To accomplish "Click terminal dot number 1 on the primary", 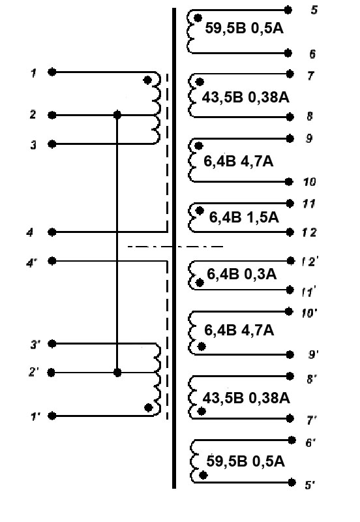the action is pyautogui.click(x=52, y=72).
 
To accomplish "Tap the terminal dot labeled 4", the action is pyautogui.click(x=52, y=232).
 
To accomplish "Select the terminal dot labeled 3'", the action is pyautogui.click(x=52, y=344).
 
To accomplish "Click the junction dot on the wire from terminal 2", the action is pyautogui.click(x=117, y=115).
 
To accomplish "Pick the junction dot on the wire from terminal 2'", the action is pyautogui.click(x=117, y=372).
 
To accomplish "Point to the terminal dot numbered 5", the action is pyautogui.click(x=288, y=10).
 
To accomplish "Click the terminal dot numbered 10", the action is pyautogui.click(x=289, y=182).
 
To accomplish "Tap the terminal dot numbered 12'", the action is pyautogui.click(x=290, y=260).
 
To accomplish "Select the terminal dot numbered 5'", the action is pyautogui.click(x=292, y=482).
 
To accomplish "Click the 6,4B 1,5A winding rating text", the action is pyautogui.click(x=244, y=217).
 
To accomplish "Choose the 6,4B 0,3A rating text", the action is pyautogui.click(x=241, y=274).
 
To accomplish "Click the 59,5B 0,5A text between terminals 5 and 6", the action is pyautogui.click(x=244, y=28).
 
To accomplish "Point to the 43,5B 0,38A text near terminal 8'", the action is pyautogui.click(x=247, y=398).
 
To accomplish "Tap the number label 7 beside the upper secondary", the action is pyautogui.click(x=310, y=76).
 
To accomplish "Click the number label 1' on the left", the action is pyautogui.click(x=35, y=416).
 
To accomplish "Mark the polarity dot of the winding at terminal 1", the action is pyautogui.click(x=147, y=80).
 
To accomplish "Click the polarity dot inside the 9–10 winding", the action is pyautogui.click(x=198, y=146).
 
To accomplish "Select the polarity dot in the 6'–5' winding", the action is pyautogui.click(x=203, y=475).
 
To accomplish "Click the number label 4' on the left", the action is pyautogui.click(x=32, y=263).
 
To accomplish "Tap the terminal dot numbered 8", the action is pyautogui.click(x=290, y=117).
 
